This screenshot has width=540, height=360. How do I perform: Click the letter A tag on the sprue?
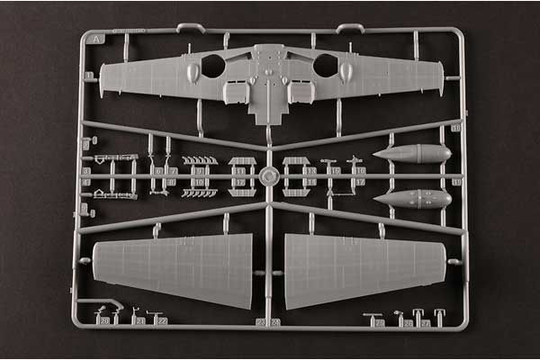(x=96, y=39)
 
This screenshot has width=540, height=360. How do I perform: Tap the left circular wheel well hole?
(x=213, y=65)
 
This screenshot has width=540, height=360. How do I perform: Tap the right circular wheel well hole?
(x=325, y=65)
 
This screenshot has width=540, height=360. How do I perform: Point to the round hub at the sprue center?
(x=268, y=176)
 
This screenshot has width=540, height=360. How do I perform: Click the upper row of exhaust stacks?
(x=200, y=161)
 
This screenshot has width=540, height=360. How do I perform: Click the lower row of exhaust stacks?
(x=200, y=192)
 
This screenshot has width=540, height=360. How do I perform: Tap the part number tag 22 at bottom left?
(x=162, y=320)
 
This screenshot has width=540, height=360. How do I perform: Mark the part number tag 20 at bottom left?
(x=104, y=320)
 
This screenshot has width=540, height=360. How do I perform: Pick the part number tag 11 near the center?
(x=237, y=169)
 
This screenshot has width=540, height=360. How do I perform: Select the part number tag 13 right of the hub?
(x=310, y=169)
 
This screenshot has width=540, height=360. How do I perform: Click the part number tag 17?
(x=359, y=181)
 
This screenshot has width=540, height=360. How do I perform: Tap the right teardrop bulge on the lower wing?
(x=346, y=72)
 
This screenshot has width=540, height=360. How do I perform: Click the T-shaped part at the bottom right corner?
(x=439, y=317)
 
